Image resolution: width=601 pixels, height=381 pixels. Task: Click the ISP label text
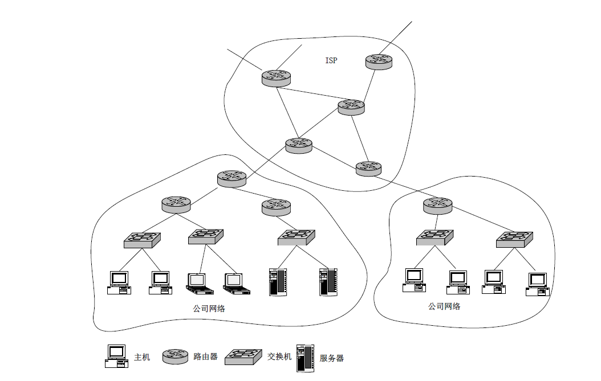(331, 60)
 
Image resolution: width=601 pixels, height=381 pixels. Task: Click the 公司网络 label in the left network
(209, 309)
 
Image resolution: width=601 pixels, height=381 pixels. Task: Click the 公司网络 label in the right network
(444, 306)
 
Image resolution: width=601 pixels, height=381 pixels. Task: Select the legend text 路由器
(205, 357)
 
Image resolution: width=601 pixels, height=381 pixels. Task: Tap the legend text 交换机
(279, 357)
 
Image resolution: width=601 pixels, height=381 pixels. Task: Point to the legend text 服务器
(331, 358)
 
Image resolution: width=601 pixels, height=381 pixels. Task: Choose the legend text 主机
(142, 357)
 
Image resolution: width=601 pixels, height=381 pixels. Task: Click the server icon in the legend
(305, 358)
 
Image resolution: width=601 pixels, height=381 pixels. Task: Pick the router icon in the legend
(176, 357)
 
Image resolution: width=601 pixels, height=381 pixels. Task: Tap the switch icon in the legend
(243, 357)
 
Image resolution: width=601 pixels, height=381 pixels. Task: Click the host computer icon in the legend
(117, 357)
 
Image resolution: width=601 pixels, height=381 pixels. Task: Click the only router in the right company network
(438, 206)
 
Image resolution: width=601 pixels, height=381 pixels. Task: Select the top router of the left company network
(232, 179)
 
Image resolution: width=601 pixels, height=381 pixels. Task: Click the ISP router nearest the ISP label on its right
(379, 62)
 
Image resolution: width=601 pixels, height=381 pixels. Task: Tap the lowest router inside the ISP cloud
(368, 169)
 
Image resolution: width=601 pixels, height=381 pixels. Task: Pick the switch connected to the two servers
(297, 237)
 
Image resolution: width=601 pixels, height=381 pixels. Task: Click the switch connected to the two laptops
(206, 237)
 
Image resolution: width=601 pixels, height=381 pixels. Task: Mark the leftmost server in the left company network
(278, 282)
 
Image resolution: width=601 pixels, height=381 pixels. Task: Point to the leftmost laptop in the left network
(200, 284)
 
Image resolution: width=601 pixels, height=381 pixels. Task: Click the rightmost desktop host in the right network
(537, 284)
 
